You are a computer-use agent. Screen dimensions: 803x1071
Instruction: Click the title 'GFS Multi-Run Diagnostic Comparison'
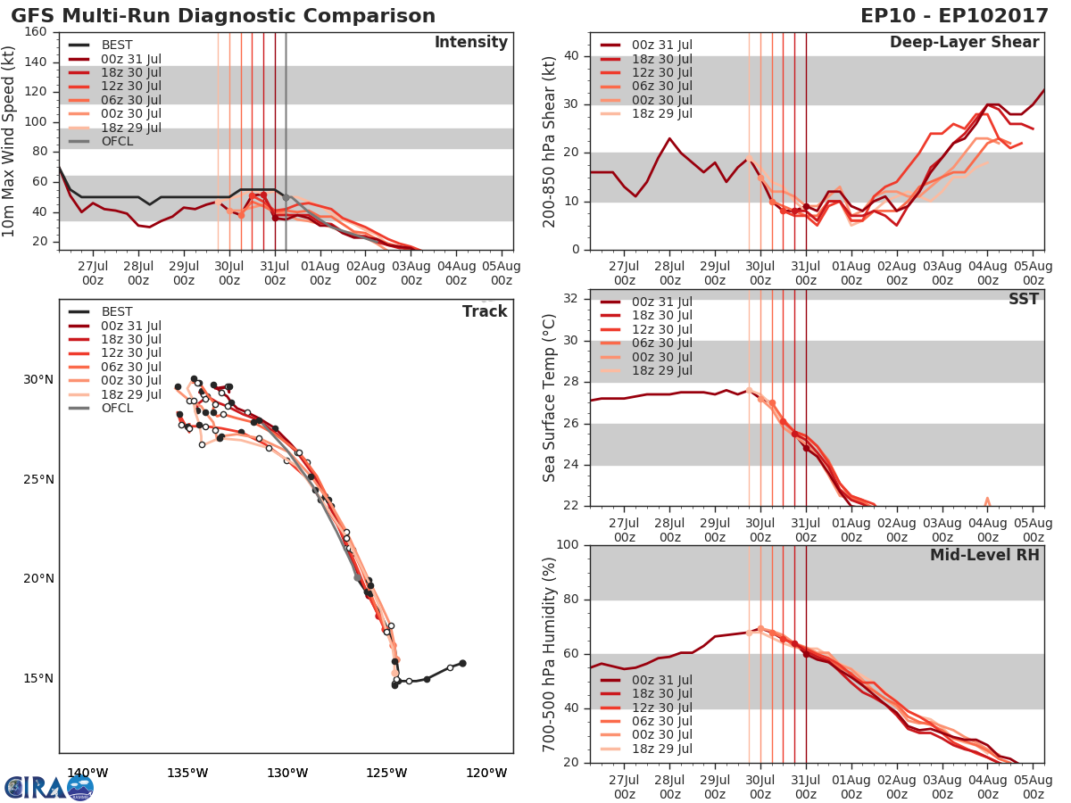point(223,16)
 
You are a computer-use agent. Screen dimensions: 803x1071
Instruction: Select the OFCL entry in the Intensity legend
point(116,141)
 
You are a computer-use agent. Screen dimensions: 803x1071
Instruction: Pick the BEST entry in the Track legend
point(116,312)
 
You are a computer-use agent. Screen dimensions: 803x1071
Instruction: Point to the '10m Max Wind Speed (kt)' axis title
point(10,137)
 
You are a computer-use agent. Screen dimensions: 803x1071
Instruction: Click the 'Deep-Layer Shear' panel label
point(964,43)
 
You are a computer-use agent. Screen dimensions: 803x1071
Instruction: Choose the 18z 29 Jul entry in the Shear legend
point(660,113)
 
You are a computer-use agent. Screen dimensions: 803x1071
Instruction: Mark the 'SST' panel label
point(1023,300)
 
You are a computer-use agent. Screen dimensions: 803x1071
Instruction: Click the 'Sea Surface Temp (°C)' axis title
point(550,397)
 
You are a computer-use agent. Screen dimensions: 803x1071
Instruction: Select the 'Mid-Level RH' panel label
point(984,555)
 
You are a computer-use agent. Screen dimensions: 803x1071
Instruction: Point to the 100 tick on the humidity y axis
point(569,545)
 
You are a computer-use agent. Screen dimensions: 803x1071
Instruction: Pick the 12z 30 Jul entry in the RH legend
point(660,708)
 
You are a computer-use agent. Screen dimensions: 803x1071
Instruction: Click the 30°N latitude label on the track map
point(38,380)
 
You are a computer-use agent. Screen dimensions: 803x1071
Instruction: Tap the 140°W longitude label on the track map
point(87,773)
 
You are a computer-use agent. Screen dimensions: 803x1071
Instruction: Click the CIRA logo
point(49,787)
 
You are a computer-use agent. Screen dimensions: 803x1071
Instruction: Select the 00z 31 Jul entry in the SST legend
point(660,302)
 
